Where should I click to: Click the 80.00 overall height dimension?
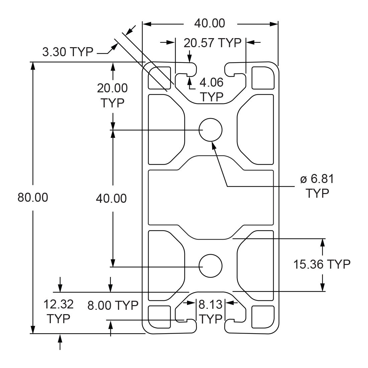[x=33, y=197]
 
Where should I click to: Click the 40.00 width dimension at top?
[x=209, y=23]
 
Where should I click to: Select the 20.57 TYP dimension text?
[x=212, y=43]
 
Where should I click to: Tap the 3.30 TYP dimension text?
[x=68, y=52]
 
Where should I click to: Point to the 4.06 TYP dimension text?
[x=211, y=90]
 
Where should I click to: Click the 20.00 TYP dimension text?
[x=112, y=95]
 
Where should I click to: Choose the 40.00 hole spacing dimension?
[x=111, y=198]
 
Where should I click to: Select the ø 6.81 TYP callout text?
[x=317, y=186]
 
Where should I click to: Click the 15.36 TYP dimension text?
[x=322, y=264]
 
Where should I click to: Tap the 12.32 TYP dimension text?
[x=59, y=311]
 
